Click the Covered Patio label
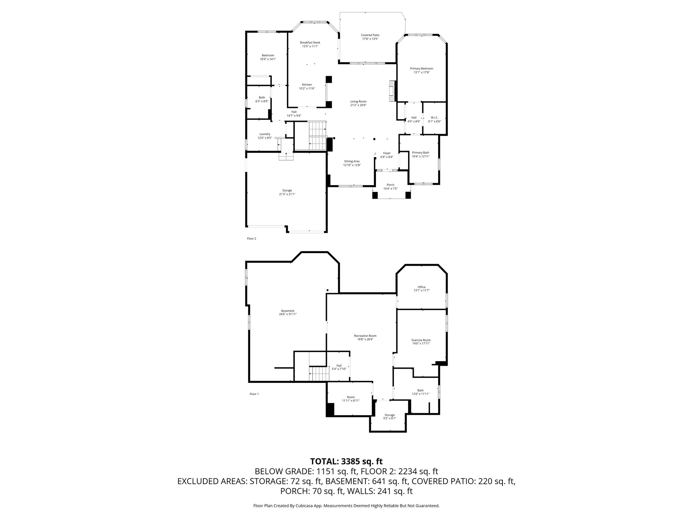click(x=370, y=35)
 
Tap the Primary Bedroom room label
click(x=421, y=68)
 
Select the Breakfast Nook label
click(x=310, y=42)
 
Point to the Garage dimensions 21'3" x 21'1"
click(x=287, y=194)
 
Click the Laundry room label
click(x=265, y=134)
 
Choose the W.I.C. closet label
click(x=434, y=117)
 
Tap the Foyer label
click(x=387, y=153)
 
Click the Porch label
click(x=390, y=185)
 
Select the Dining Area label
click(x=352, y=161)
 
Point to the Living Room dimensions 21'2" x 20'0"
click(x=358, y=105)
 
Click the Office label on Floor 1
click(x=421, y=287)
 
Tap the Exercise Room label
click(x=421, y=340)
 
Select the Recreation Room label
click(x=365, y=336)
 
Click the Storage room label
click(x=389, y=415)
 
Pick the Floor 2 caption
click(x=251, y=238)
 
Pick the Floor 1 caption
click(x=254, y=394)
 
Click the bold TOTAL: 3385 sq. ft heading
click(x=346, y=461)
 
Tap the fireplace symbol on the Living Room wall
click(x=392, y=91)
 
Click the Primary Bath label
click(x=421, y=152)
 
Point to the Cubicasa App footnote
click(x=346, y=506)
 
